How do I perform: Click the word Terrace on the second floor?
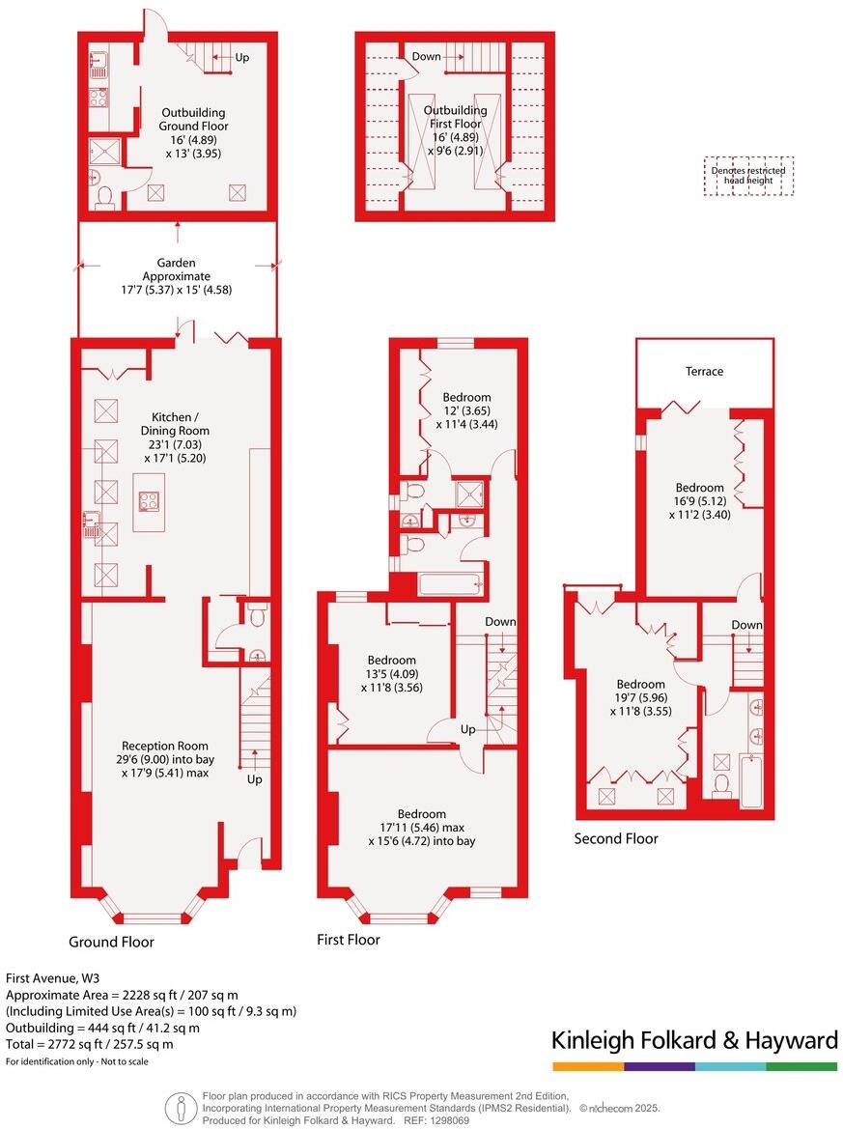704,371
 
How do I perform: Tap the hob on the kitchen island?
150,500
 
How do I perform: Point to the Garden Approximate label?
177,275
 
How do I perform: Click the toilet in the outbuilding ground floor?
105,197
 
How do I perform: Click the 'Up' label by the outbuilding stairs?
241,58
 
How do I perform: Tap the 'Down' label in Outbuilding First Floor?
426,56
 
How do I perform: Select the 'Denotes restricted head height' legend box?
748,176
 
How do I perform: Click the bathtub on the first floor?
449,583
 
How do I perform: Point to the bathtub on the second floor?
749,780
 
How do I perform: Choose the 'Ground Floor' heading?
111,942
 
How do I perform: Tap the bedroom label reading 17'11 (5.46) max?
421,828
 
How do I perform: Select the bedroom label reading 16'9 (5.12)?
699,501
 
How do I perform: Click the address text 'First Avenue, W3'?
50,976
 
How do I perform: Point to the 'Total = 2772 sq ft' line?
90,1044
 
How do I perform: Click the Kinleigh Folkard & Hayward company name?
693,1040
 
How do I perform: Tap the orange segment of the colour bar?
588,1066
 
